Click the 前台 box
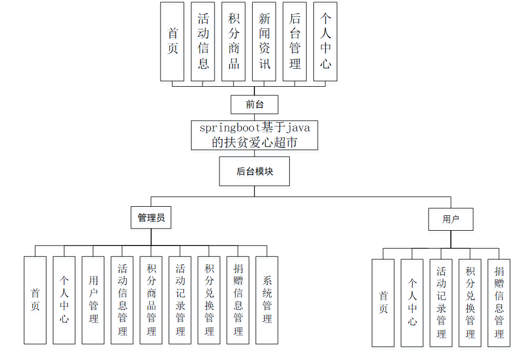(x=254, y=104)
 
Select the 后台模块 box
(x=254, y=171)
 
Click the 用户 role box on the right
(x=450, y=219)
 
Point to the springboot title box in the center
(x=254, y=135)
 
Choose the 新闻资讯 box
(x=264, y=41)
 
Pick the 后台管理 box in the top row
(x=295, y=41)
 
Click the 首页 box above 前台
(x=172, y=41)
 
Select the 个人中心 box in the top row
(x=325, y=41)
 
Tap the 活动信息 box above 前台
(x=203, y=41)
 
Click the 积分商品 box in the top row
(x=234, y=41)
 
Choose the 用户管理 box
(x=93, y=300)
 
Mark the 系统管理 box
(x=267, y=300)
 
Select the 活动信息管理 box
(x=122, y=300)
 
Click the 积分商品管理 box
(x=151, y=300)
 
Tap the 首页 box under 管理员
(x=35, y=300)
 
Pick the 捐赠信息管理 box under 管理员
(x=238, y=300)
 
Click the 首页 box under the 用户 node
(x=383, y=303)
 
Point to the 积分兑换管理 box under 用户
(x=470, y=303)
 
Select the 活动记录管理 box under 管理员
(x=180, y=300)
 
